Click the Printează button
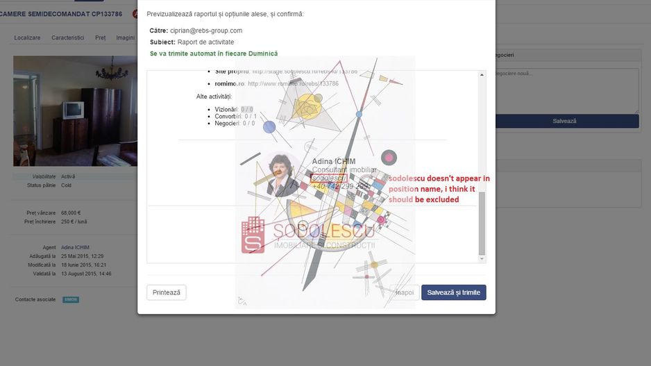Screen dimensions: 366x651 pyautogui.click(x=167, y=292)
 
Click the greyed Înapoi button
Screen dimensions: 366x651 pyautogui.click(x=405, y=292)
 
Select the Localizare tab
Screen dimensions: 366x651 pyautogui.click(x=27, y=38)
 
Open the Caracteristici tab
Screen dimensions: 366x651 pyautogui.click(x=67, y=38)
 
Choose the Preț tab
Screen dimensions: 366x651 pyautogui.click(x=101, y=38)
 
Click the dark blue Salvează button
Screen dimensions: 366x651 pyautogui.click(x=564, y=121)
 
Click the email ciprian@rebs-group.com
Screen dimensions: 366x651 pyautogui.click(x=205, y=31)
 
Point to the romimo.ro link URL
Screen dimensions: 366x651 pyautogui.click(x=293, y=83)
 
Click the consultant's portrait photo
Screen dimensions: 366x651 pyautogui.click(x=283, y=174)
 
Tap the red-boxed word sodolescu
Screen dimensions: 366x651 pyautogui.click(x=328, y=178)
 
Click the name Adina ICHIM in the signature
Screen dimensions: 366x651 pyautogui.click(x=333, y=162)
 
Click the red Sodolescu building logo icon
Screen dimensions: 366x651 pyautogui.click(x=253, y=235)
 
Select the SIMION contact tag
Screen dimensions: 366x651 pyautogui.click(x=71, y=300)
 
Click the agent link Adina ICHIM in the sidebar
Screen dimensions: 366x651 pyautogui.click(x=75, y=247)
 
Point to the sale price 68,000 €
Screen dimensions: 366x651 pyautogui.click(x=71, y=213)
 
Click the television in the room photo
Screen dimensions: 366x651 pyautogui.click(x=73, y=110)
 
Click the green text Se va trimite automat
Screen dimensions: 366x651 pyautogui.click(x=213, y=53)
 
